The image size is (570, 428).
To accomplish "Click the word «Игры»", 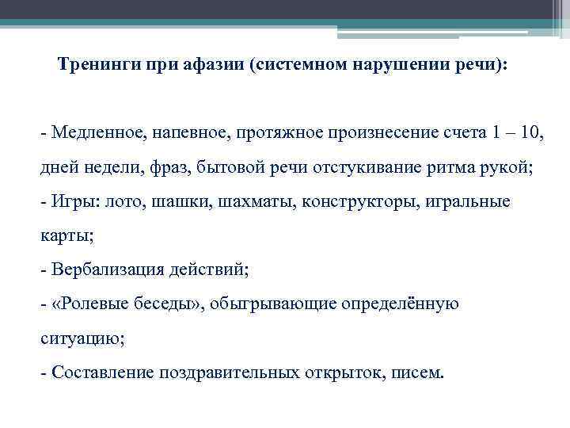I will pyautogui.click(x=74, y=201).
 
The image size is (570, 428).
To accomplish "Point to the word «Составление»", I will pyautogui.click(x=101, y=373).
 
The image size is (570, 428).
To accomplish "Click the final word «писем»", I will pyautogui.click(x=418, y=373).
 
